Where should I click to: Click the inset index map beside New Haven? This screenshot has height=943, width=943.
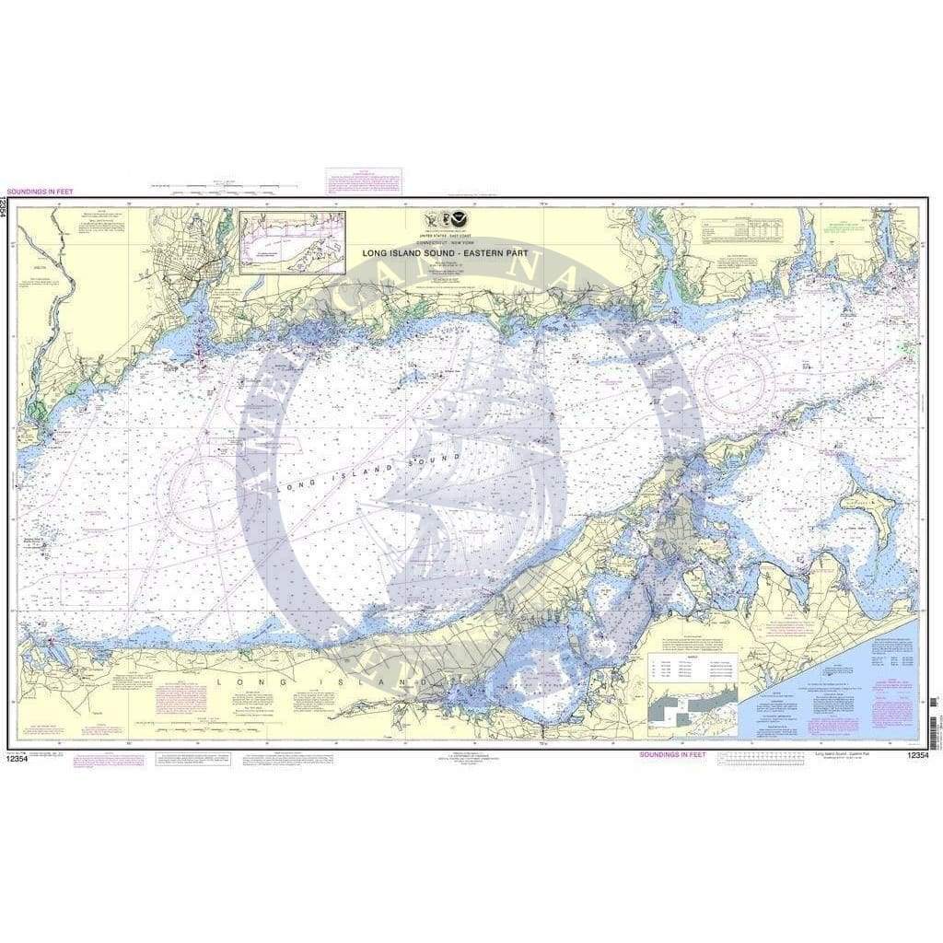(x=292, y=242)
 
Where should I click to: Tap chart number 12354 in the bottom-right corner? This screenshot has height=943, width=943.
(x=917, y=756)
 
